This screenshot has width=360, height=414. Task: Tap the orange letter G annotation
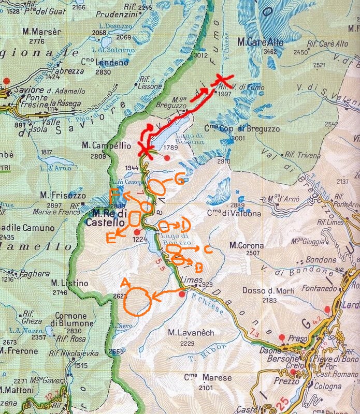179,180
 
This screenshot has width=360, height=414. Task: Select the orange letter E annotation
110,238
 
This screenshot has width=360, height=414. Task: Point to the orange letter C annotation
207,250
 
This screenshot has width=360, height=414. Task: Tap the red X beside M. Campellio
146,151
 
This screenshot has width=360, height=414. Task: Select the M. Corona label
247,245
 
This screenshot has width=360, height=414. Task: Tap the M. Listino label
67,283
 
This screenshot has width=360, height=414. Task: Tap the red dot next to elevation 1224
137,232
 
